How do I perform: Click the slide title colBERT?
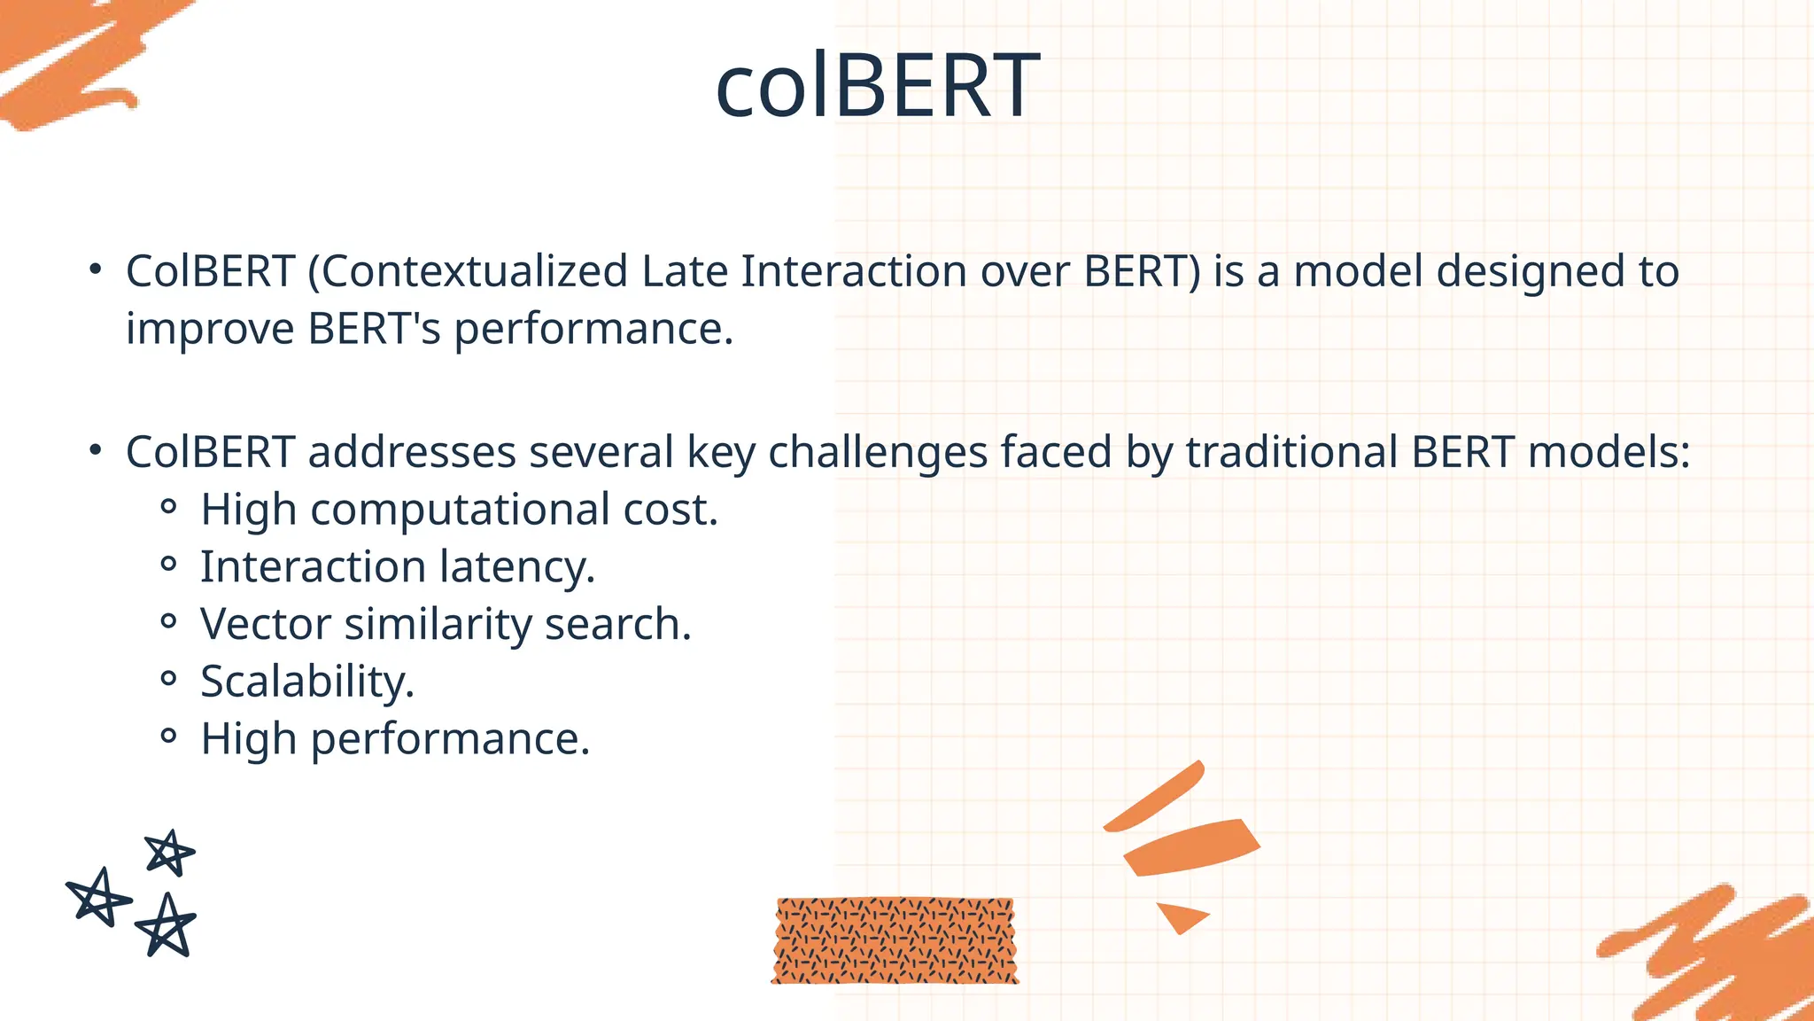[x=877, y=86]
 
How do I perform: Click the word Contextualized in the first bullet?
[x=474, y=272]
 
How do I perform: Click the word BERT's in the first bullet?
[x=374, y=330]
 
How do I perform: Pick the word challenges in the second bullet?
[x=877, y=453]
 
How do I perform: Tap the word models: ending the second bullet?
[x=1609, y=453]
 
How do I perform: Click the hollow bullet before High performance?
[x=168, y=737]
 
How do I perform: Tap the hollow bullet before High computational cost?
[x=168, y=508]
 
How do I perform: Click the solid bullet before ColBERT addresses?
[x=96, y=450]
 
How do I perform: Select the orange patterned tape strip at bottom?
[x=895, y=941]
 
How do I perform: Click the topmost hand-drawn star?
[x=168, y=853]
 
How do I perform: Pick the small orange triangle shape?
[x=1180, y=916]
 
